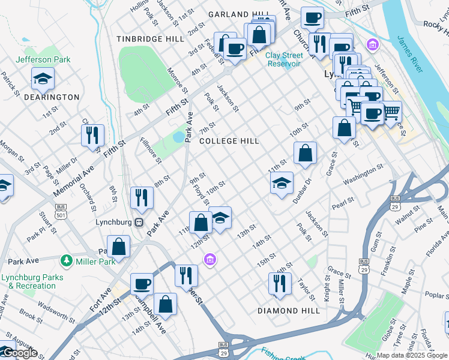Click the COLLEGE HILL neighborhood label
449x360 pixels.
pos(229,141)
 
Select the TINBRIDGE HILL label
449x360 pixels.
pos(151,39)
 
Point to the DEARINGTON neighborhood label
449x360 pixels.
pos(52,97)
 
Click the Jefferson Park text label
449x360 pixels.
pos(43,59)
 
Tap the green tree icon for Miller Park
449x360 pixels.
pos(66,261)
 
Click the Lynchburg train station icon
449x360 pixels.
pos(139,222)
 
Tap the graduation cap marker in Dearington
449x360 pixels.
pos(43,78)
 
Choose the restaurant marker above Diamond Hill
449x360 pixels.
pos(280,284)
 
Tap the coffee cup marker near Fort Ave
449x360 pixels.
pos(143,284)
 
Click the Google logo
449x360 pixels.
pos(19,353)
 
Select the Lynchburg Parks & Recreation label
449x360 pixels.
pos(28,282)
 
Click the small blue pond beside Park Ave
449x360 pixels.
pos(178,137)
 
